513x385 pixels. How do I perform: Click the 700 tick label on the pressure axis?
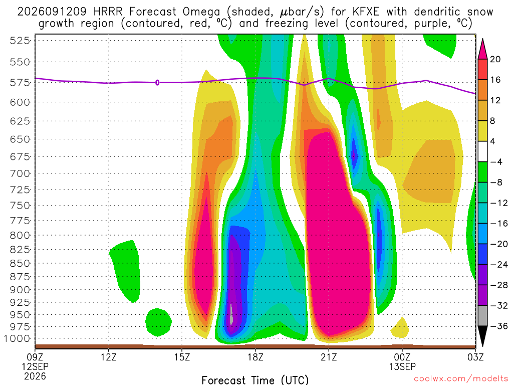click(20, 173)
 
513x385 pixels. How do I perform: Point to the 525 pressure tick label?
click(20, 41)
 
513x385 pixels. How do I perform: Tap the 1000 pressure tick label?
click(17, 338)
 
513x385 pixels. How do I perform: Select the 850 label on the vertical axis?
click(20, 263)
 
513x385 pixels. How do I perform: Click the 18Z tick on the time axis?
click(255, 356)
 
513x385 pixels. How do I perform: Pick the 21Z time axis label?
click(329, 356)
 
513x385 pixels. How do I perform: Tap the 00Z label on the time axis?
click(402, 356)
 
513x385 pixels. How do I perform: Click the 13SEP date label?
click(402, 366)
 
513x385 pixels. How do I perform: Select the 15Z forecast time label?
click(182, 356)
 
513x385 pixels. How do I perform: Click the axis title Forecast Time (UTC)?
click(255, 380)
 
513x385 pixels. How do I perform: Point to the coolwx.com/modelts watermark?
click(461, 379)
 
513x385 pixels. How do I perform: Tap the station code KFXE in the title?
click(366, 12)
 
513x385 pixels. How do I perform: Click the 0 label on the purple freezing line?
click(157, 83)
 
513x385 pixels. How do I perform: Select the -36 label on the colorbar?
click(499, 326)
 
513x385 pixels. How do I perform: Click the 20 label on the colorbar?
click(495, 59)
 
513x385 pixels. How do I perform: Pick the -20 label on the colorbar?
click(499, 244)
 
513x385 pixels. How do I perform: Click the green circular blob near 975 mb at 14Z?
click(158, 322)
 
